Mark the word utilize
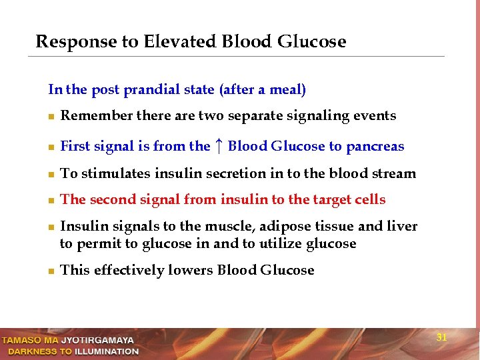[281, 244]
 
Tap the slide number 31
[441, 337]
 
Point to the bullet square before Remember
[51, 117]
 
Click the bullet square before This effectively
[51, 271]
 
